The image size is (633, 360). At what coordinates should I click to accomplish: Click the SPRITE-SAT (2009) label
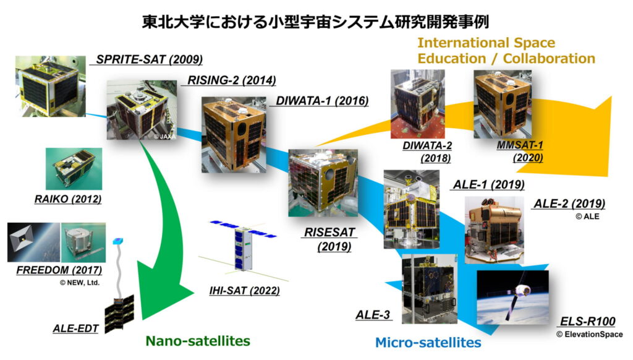tap(149, 59)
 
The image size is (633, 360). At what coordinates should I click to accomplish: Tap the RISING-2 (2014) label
tap(232, 80)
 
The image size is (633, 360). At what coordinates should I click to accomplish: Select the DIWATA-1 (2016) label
tap(322, 101)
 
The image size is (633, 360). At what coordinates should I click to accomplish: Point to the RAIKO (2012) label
tap(68, 199)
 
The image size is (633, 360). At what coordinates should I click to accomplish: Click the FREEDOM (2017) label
tap(59, 270)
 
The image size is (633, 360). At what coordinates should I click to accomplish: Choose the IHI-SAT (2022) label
tap(244, 291)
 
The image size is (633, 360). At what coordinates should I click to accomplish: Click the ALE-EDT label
tap(75, 328)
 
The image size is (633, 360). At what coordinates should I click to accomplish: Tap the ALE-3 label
tap(373, 315)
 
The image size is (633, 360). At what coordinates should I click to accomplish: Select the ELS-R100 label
tap(587, 322)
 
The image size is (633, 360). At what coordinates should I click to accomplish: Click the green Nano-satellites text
tap(198, 341)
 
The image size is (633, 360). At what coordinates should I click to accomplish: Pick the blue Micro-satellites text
tap(428, 343)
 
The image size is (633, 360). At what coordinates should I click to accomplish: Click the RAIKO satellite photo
tap(74, 169)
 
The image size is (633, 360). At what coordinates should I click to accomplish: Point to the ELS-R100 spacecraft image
tap(512, 298)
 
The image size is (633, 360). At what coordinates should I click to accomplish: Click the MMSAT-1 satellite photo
tap(503, 104)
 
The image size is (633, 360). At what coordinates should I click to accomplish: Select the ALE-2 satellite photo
tap(495, 230)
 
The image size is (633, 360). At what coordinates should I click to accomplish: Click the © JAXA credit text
tap(164, 137)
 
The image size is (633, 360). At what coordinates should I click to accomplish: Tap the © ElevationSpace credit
tap(589, 334)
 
